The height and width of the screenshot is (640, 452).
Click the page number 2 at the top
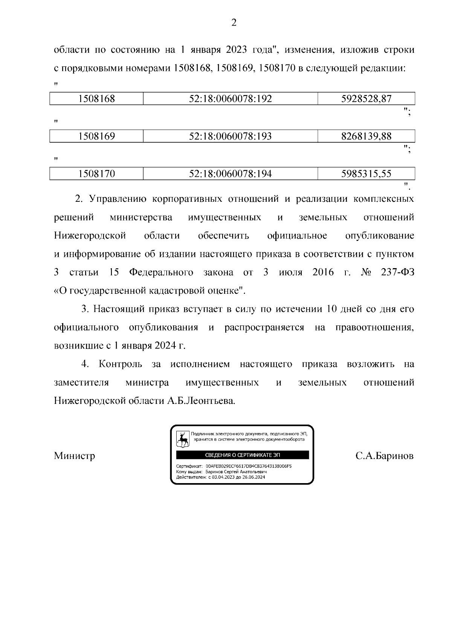(234, 23)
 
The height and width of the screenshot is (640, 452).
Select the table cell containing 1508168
(96, 99)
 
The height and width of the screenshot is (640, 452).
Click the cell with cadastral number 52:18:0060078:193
(230, 136)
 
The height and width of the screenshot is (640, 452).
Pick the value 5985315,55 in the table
(366, 173)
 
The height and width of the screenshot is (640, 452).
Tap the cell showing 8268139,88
(366, 136)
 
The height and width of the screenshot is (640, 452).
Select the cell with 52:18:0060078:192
(230, 99)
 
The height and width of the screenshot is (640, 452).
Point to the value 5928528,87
(366, 99)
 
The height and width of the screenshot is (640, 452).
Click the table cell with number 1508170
(96, 173)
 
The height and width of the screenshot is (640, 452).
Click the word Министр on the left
(75, 456)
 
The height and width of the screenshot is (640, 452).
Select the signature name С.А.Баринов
(384, 456)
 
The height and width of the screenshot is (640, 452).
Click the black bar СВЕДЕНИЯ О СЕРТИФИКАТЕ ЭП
(242, 455)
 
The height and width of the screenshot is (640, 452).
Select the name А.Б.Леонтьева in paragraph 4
(201, 401)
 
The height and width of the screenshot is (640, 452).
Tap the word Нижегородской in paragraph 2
(90, 236)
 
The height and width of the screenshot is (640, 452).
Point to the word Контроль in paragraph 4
(121, 364)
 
